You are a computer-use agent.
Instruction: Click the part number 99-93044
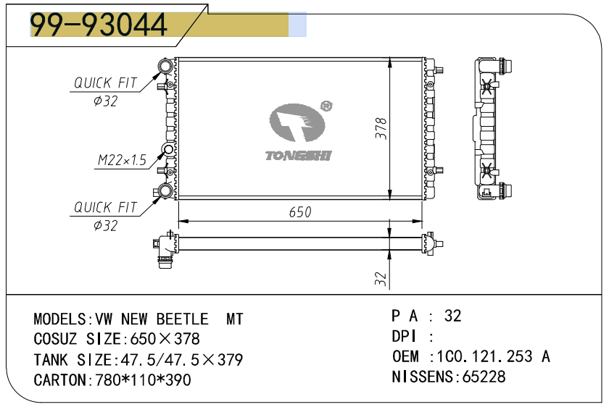coord(99,25)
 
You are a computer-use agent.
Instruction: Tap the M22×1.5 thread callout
coord(122,160)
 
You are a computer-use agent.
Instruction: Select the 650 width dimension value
coord(300,212)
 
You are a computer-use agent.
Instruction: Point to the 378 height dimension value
coord(381,128)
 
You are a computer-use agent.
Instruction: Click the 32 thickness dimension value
coord(381,278)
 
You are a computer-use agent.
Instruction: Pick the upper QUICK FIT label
coord(106,83)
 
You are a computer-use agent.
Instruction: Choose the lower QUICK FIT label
coord(106,207)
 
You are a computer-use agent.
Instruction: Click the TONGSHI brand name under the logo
coord(298,156)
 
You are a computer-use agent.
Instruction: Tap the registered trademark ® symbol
coord(326,106)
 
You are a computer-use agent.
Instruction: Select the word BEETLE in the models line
coord(183,319)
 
